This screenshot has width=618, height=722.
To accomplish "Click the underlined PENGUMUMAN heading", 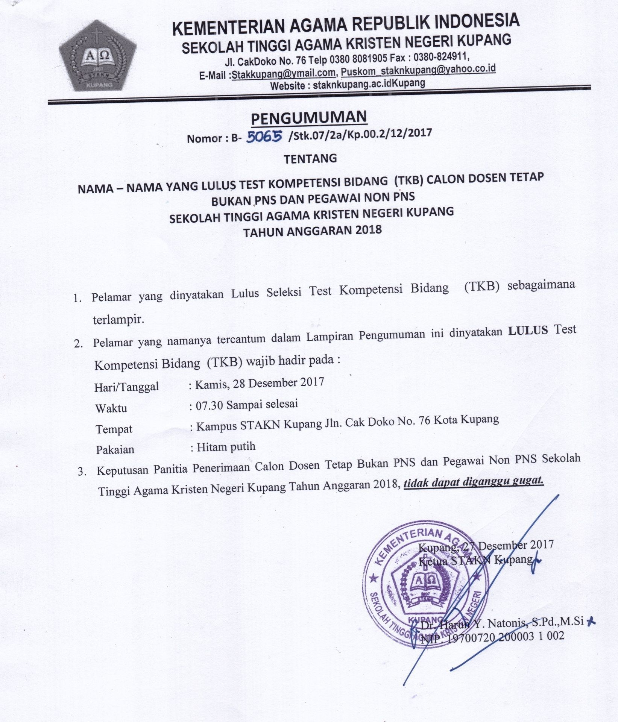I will click(308, 117).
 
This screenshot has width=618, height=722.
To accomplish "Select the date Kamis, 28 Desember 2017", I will click(260, 382).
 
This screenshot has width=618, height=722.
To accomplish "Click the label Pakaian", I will click(115, 449).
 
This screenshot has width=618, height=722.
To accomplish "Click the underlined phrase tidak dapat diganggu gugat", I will click(474, 481).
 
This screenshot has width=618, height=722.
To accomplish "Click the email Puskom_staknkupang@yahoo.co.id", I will click(418, 70).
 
